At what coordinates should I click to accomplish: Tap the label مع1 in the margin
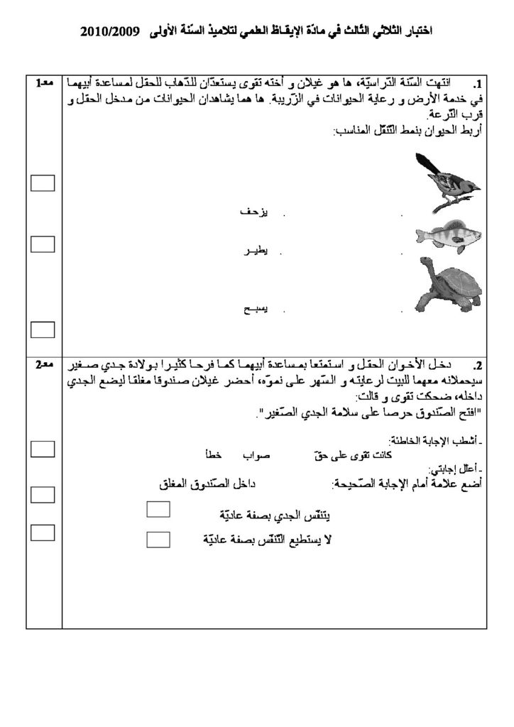point(44,83)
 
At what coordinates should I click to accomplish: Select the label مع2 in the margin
point(44,365)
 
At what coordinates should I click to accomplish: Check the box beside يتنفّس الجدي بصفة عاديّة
point(158,509)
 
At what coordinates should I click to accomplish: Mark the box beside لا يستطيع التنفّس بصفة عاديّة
point(158,539)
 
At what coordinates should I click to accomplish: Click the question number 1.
point(476,83)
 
